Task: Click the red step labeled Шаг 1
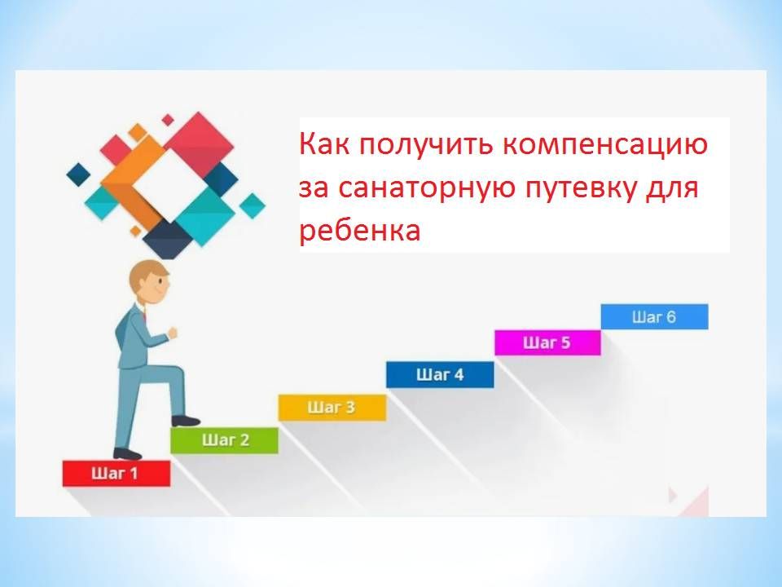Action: click(116, 473)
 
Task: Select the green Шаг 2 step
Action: click(225, 440)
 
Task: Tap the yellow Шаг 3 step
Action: click(332, 408)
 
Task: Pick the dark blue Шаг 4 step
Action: click(440, 374)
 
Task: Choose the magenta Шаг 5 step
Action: click(547, 342)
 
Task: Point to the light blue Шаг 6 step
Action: click(654, 316)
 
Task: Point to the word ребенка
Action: click(360, 231)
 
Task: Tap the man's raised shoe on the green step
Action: click(186, 421)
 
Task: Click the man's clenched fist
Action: click(173, 333)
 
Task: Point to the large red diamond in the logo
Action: click(199, 146)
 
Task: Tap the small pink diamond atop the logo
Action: click(168, 120)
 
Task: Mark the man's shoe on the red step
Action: click(127, 454)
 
